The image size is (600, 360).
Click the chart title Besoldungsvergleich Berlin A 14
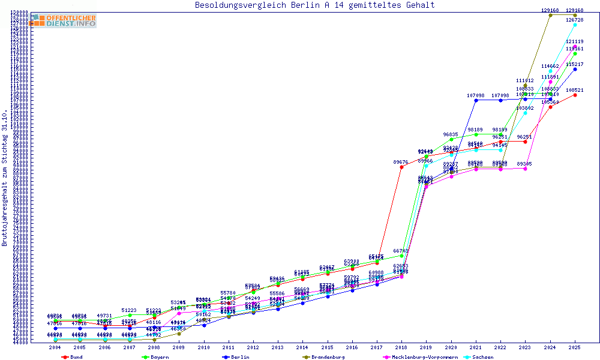[x=315, y=5]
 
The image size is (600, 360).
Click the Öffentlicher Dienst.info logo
[x=64, y=20]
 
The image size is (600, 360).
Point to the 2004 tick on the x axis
[x=55, y=347]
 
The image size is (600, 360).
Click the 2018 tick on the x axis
[x=401, y=347]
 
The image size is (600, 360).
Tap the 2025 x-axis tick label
[x=575, y=347]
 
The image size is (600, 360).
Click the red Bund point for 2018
[x=401, y=167]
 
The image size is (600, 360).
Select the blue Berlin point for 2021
[x=476, y=100]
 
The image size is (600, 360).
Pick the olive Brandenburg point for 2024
[x=550, y=15]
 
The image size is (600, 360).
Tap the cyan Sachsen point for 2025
[x=575, y=25]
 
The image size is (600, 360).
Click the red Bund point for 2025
[x=575, y=95]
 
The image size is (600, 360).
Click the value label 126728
[x=575, y=20]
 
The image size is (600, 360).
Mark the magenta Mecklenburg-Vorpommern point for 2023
[x=525, y=169]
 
